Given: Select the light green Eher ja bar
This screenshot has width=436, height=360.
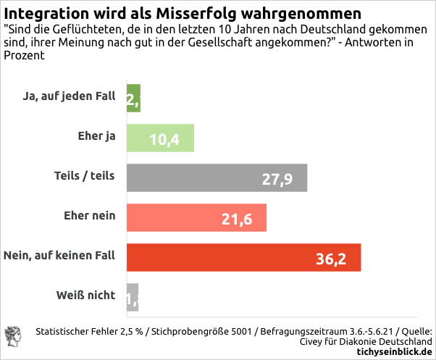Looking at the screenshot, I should tap(160, 138).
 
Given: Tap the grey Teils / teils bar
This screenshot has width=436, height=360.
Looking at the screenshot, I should tap(217, 178).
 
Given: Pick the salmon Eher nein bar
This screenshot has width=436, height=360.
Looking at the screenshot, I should tap(196, 218).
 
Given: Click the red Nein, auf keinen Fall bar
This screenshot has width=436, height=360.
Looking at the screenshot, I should tap(243, 258).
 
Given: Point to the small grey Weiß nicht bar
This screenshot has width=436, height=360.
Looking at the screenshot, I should tap(132, 297).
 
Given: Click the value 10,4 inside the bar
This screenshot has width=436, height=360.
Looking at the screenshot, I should tap(165, 139).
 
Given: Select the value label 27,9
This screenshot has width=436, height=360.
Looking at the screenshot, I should tap(277, 179).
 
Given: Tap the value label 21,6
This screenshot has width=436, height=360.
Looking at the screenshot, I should tap(236, 219).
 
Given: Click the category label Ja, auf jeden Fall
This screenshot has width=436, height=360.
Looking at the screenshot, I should tap(70, 96).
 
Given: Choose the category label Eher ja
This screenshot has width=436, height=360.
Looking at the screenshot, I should tap(96, 136).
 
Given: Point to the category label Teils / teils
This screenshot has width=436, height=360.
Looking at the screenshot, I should tap(85, 176).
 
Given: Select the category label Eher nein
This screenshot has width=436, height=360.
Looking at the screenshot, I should tap(90, 215).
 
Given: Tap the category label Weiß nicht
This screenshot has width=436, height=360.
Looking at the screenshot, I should tap(85, 295).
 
